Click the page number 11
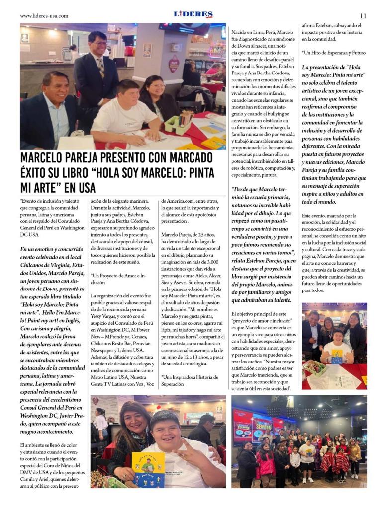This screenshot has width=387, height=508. tap(363, 16)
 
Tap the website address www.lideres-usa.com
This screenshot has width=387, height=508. tap(44, 16)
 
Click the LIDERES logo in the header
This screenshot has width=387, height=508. tap(193, 14)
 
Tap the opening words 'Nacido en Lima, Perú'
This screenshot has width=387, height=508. tap(254, 32)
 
